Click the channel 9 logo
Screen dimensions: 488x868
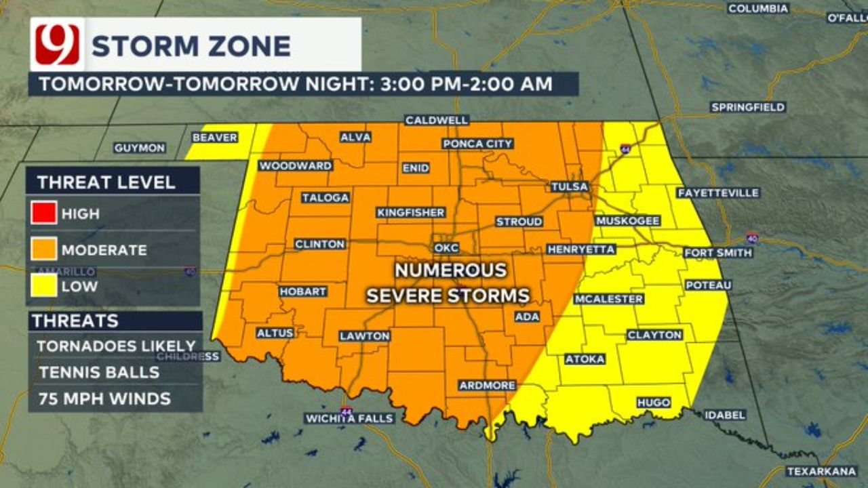point(57,45)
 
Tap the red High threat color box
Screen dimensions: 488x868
point(43,213)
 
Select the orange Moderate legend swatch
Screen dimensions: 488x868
point(43,249)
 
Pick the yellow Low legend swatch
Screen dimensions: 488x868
point(43,286)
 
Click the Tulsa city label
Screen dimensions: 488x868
point(569,187)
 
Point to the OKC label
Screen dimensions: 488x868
point(447,247)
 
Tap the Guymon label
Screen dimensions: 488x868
point(139,148)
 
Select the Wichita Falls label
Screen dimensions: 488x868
point(349,418)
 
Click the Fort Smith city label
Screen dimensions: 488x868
point(718,253)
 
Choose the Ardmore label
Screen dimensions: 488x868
point(487,385)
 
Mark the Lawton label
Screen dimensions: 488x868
point(365,335)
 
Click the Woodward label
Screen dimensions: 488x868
point(296,165)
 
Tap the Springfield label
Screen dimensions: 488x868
point(748,107)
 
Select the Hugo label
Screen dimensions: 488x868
point(654,403)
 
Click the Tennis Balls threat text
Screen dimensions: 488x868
point(99,372)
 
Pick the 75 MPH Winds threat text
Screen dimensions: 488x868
point(104,399)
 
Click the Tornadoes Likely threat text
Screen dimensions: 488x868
point(116,346)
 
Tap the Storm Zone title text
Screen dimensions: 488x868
point(191,46)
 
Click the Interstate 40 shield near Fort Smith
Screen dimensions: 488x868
point(752,239)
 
